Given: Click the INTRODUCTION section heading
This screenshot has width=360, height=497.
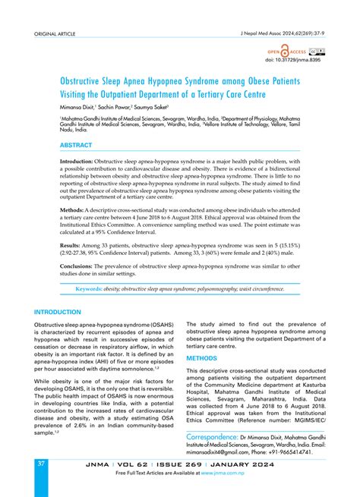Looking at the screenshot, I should (58, 312).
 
